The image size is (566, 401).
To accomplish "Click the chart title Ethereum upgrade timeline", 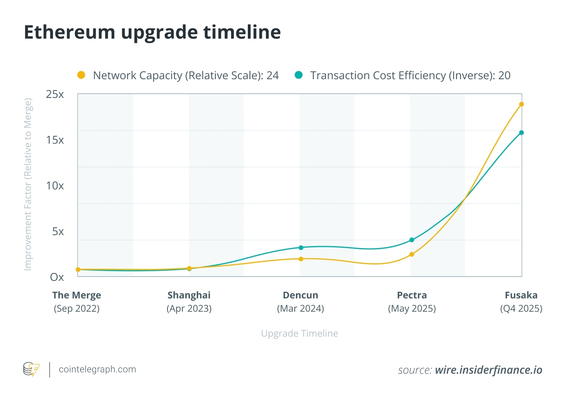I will (152, 32).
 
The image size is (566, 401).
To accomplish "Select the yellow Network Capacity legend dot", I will (81, 75).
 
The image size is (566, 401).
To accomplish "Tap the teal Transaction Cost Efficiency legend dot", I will (299, 75).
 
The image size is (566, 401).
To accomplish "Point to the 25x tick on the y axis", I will (55, 94).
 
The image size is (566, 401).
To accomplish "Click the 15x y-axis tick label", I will (55, 140).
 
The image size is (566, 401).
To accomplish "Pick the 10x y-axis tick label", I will (55, 186).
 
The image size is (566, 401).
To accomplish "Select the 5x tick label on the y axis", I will (58, 231).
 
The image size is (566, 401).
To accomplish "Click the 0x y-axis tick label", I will (57, 277).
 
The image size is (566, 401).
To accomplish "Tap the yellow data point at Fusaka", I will (521, 104).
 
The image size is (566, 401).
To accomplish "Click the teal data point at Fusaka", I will (521, 133).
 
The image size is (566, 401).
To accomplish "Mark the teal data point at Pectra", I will (412, 240).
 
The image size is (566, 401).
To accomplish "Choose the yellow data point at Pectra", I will (412, 254).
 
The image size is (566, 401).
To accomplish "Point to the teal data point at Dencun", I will (301, 248).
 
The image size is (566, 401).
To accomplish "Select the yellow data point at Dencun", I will (301, 259).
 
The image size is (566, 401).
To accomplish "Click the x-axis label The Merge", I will (77, 295).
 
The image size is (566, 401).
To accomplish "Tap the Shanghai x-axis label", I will (189, 295).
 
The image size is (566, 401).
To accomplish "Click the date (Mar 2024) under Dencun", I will (301, 309).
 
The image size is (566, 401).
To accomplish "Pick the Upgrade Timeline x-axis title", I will (299, 334).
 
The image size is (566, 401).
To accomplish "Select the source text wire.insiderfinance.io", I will (488, 370).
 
